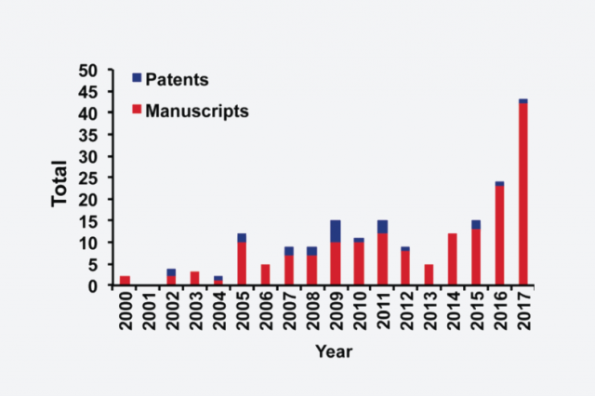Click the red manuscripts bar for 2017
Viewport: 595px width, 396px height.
523,194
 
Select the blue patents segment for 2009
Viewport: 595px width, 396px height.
336,231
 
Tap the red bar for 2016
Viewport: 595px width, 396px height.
500,235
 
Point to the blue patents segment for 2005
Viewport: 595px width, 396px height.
242,238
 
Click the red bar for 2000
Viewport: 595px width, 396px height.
125,281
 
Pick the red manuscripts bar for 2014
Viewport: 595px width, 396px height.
453,259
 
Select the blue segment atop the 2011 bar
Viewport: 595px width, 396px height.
382,227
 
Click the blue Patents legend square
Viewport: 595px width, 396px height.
137,78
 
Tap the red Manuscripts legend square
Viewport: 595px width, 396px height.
137,110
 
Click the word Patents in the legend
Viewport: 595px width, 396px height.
177,80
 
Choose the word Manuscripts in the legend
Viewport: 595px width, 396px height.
197,112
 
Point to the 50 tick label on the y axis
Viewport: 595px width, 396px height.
88,71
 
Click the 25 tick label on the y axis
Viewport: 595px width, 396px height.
88,178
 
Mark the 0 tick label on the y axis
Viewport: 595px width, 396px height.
93,286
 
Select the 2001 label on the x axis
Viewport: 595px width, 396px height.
149,310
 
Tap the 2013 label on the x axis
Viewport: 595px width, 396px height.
430,310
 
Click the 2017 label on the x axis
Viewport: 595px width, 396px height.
524,310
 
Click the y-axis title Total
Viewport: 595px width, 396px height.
59,183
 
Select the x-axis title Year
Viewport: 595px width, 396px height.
334,351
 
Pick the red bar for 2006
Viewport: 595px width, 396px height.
265,274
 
